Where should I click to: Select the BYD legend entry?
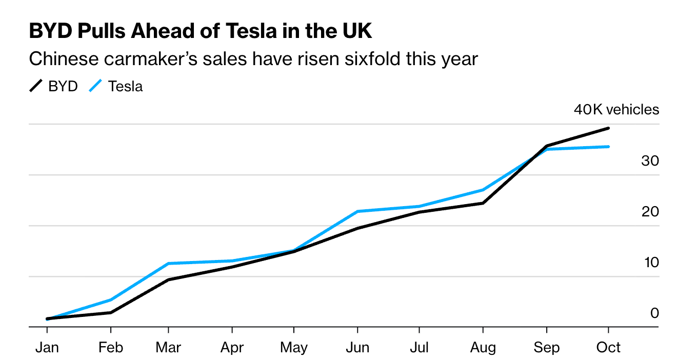(x=54, y=86)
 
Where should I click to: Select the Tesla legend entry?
(x=116, y=86)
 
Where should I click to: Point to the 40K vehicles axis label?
(x=616, y=110)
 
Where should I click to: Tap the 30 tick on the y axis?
(x=650, y=161)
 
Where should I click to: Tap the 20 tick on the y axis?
(x=650, y=211)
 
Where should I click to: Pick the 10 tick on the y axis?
(x=650, y=262)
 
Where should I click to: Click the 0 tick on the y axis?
(x=654, y=313)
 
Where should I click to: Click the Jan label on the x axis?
(x=47, y=348)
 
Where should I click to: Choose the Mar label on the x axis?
(x=168, y=348)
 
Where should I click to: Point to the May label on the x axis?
(x=294, y=348)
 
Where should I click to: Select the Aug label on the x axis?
(x=483, y=348)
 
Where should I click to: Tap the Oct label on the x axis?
(x=608, y=348)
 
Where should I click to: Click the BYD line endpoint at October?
(x=608, y=128)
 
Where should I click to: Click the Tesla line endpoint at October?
(x=608, y=147)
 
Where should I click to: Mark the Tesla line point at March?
(x=168, y=264)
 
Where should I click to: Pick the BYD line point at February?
(x=111, y=312)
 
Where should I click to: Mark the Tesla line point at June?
(x=357, y=211)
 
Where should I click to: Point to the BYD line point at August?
(x=483, y=203)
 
